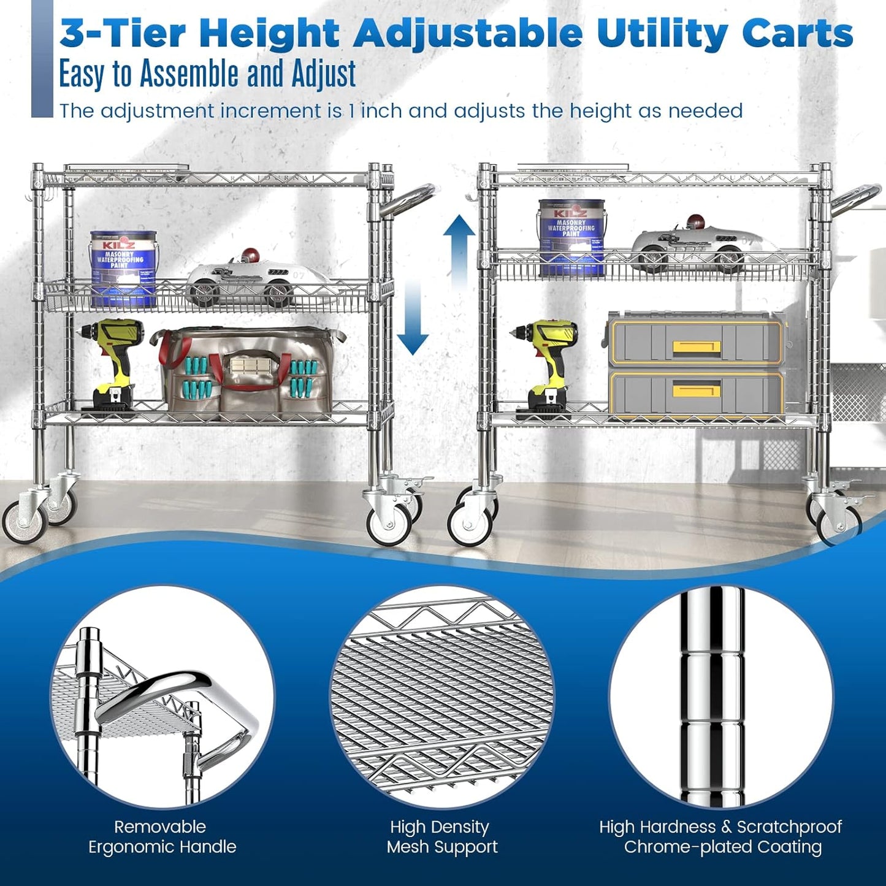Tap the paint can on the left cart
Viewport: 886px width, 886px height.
(123, 268)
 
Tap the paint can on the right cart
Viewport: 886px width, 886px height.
(571, 236)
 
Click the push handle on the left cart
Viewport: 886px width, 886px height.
(410, 199)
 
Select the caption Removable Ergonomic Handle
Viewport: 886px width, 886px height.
(162, 836)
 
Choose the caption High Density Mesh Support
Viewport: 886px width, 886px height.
(441, 836)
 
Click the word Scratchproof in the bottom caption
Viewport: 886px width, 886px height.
(789, 827)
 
